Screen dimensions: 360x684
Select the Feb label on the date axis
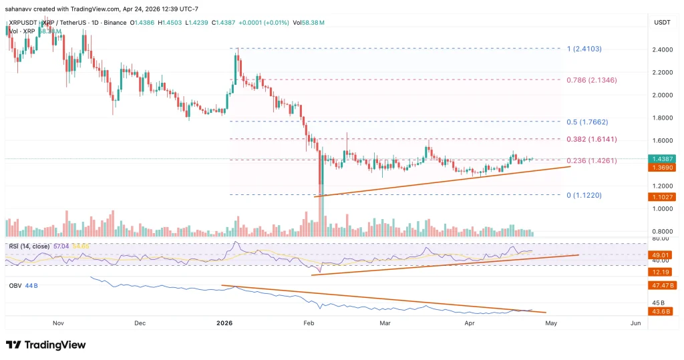pyautogui.click(x=309, y=323)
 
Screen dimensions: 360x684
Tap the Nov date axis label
pyautogui.click(x=58, y=323)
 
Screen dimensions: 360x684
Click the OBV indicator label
pyautogui.click(x=15, y=285)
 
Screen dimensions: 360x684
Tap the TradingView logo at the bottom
pyautogui.click(x=45, y=345)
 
